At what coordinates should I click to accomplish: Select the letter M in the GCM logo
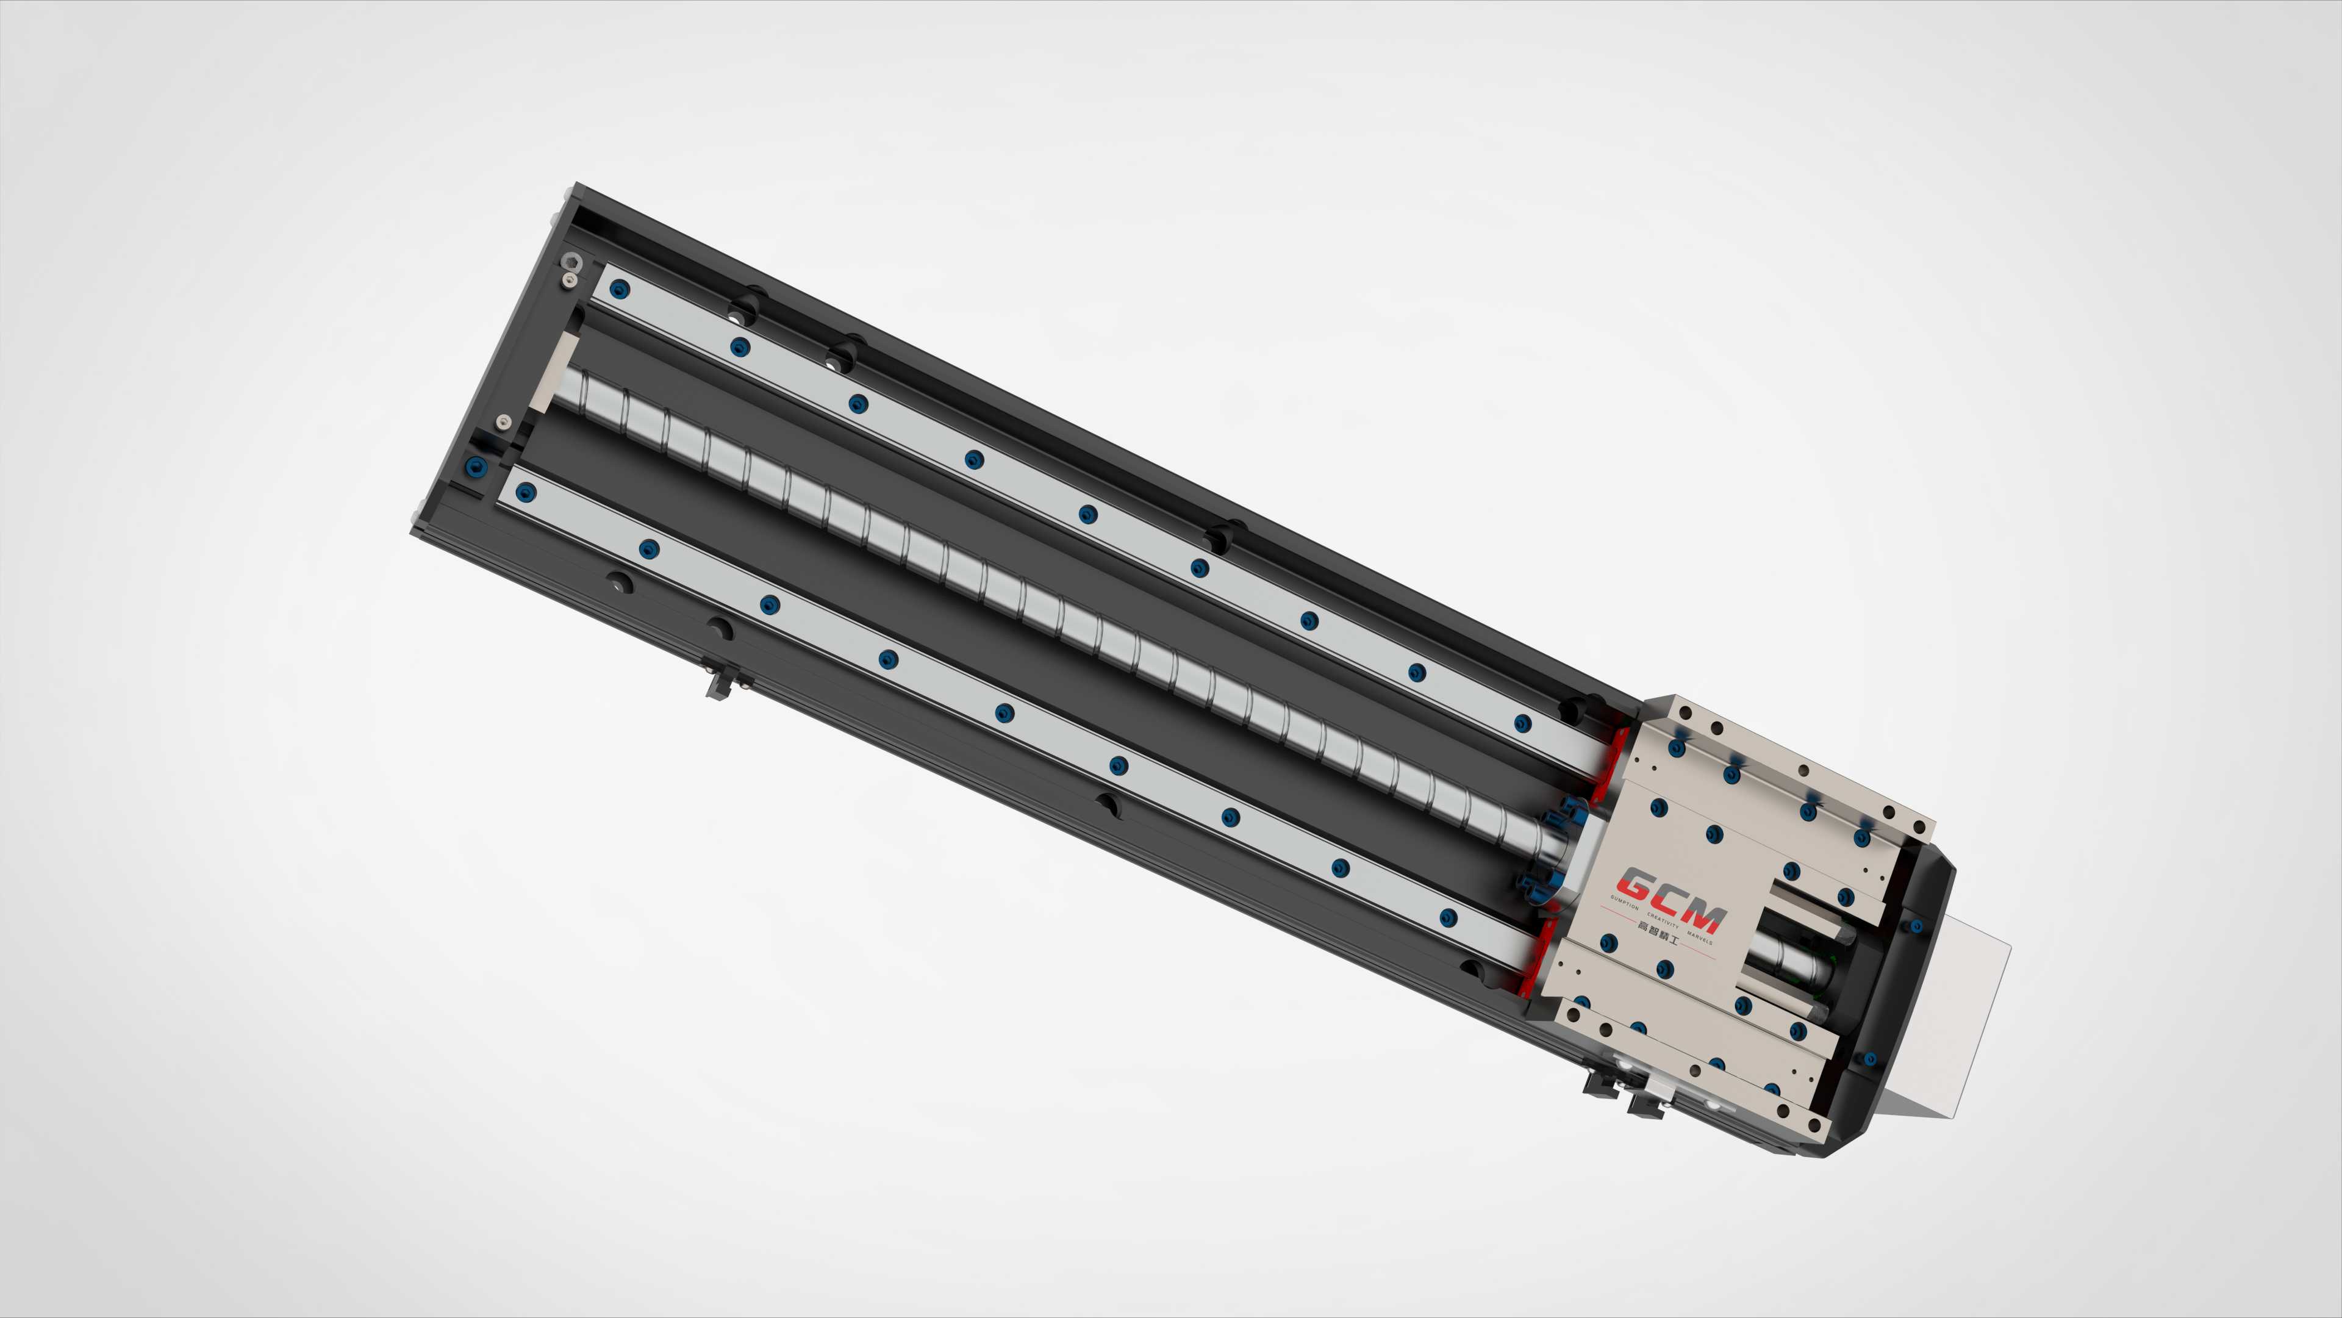[x=1705, y=917]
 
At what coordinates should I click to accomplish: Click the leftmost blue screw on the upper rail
[x=620, y=290]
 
